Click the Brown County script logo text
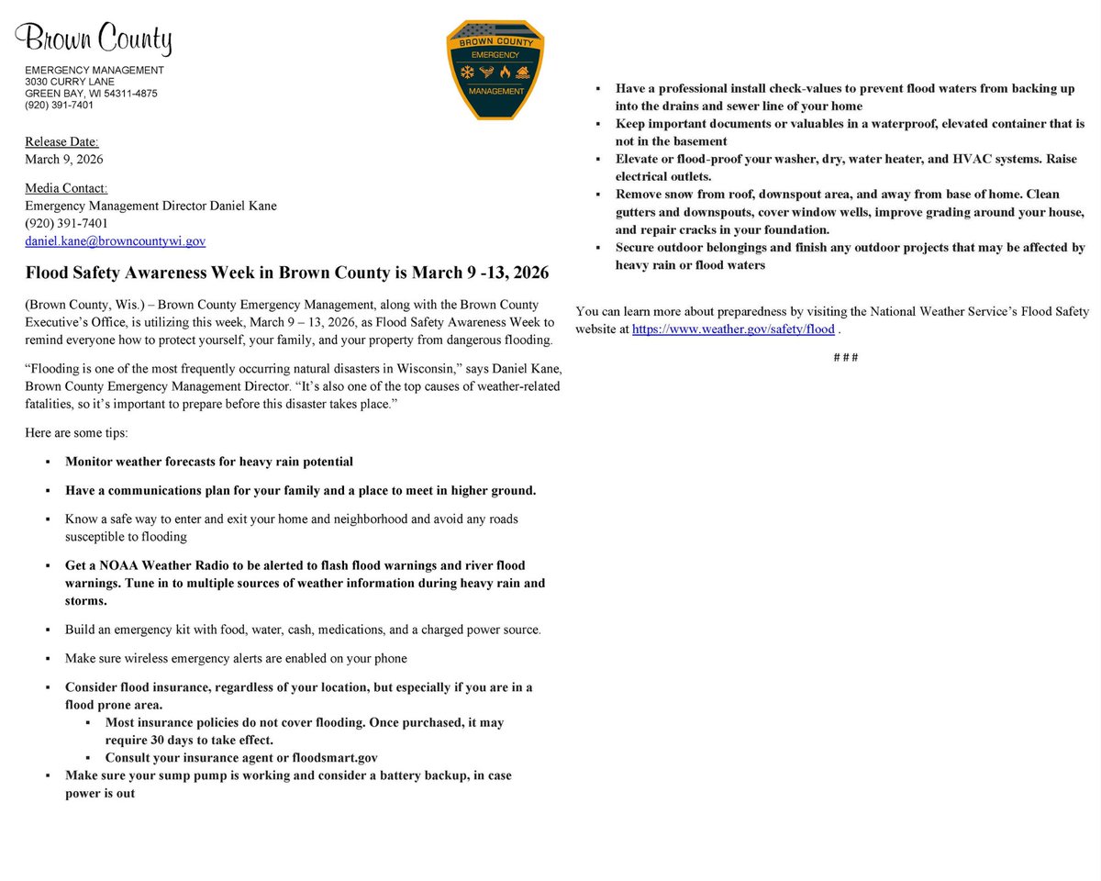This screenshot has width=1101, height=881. coord(94,40)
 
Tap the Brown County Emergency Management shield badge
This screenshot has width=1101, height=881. coord(495,70)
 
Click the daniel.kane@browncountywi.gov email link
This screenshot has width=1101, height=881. coord(115,240)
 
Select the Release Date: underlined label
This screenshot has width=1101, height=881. coord(61,142)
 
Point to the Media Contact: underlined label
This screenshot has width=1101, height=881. coord(66,188)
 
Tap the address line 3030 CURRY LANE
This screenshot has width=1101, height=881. coord(71,82)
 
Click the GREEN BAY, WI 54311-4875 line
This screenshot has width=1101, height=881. coord(91,93)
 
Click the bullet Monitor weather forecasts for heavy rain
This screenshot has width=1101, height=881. coord(208,462)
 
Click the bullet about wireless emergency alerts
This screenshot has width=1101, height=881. coord(236,658)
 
